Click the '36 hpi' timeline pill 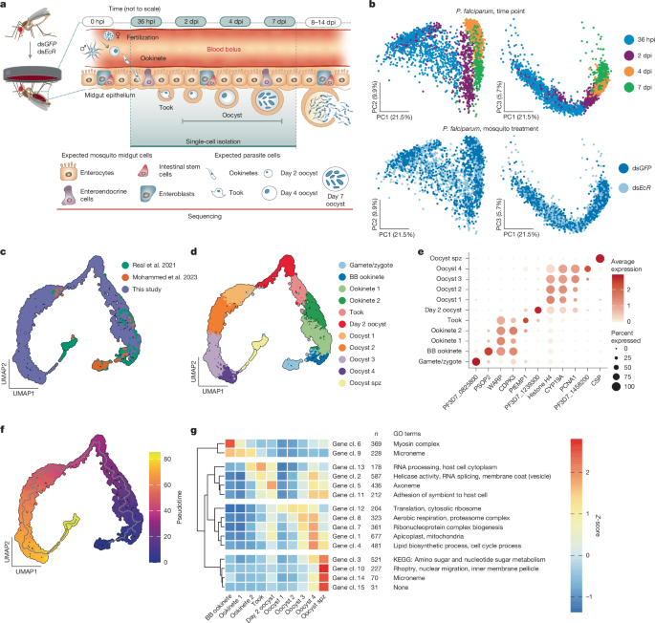[145, 18]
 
